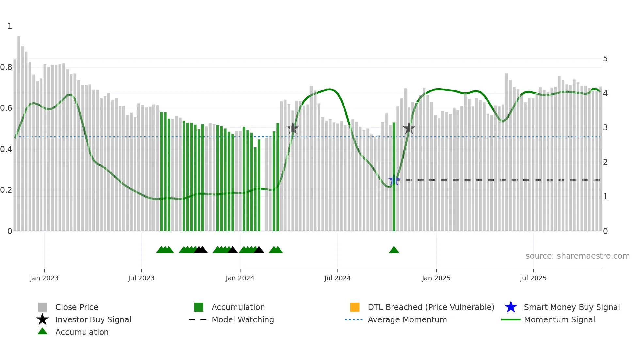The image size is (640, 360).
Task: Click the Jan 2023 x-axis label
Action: pyautogui.click(x=44, y=278)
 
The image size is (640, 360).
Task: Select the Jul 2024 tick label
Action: pyautogui.click(x=337, y=278)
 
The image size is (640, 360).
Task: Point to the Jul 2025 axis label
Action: pyautogui.click(x=533, y=278)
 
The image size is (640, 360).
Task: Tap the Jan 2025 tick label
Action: pyautogui.click(x=436, y=278)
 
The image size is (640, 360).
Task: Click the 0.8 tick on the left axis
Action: pyautogui.click(x=6, y=67)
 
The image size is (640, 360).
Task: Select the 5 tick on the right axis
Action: pyautogui.click(x=605, y=59)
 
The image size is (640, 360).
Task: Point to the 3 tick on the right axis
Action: pyautogui.click(x=605, y=128)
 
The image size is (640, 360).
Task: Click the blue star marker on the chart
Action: pyautogui.click(x=394, y=180)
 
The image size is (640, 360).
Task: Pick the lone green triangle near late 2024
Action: pyautogui.click(x=394, y=250)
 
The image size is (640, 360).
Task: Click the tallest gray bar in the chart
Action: pyautogui.click(x=19, y=131)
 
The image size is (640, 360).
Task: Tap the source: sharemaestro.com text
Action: pyautogui.click(x=577, y=256)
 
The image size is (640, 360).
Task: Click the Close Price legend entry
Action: pyautogui.click(x=77, y=307)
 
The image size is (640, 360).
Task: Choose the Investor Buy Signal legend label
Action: pyautogui.click(x=93, y=319)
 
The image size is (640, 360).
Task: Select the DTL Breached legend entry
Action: pyautogui.click(x=431, y=307)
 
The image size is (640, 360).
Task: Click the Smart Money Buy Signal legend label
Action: pyautogui.click(x=572, y=307)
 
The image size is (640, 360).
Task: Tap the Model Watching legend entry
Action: pyautogui.click(x=243, y=319)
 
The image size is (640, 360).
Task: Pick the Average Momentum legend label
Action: pyautogui.click(x=407, y=319)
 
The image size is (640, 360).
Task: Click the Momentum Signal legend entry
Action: pyautogui.click(x=559, y=319)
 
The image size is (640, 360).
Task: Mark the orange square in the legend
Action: pyautogui.click(x=355, y=307)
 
